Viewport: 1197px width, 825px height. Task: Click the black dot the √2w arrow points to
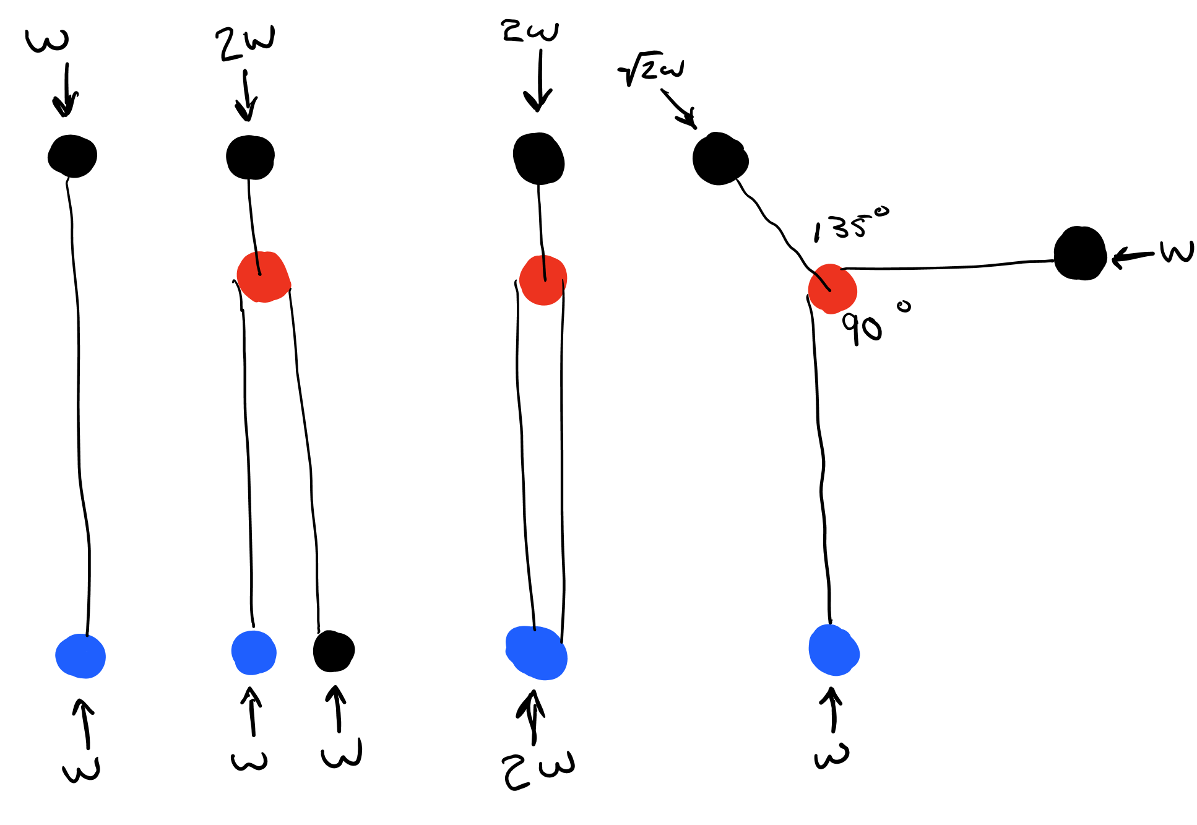719,159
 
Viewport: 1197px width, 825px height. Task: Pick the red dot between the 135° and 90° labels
832,289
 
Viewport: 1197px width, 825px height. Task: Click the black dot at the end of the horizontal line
1080,254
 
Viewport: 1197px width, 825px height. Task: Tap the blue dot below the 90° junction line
834,650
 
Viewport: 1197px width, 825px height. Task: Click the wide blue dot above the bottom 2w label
537,653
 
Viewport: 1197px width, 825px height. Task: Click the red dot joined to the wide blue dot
543,280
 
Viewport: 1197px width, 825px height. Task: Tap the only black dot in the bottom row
333,651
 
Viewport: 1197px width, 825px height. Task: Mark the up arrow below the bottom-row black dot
337,709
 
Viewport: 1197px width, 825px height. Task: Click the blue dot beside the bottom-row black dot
254,652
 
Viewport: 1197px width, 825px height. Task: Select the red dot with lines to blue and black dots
264,277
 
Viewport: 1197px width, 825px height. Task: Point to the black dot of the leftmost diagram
72,156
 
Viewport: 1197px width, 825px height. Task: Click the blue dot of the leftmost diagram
80,656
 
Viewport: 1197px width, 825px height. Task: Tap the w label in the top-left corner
47,40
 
